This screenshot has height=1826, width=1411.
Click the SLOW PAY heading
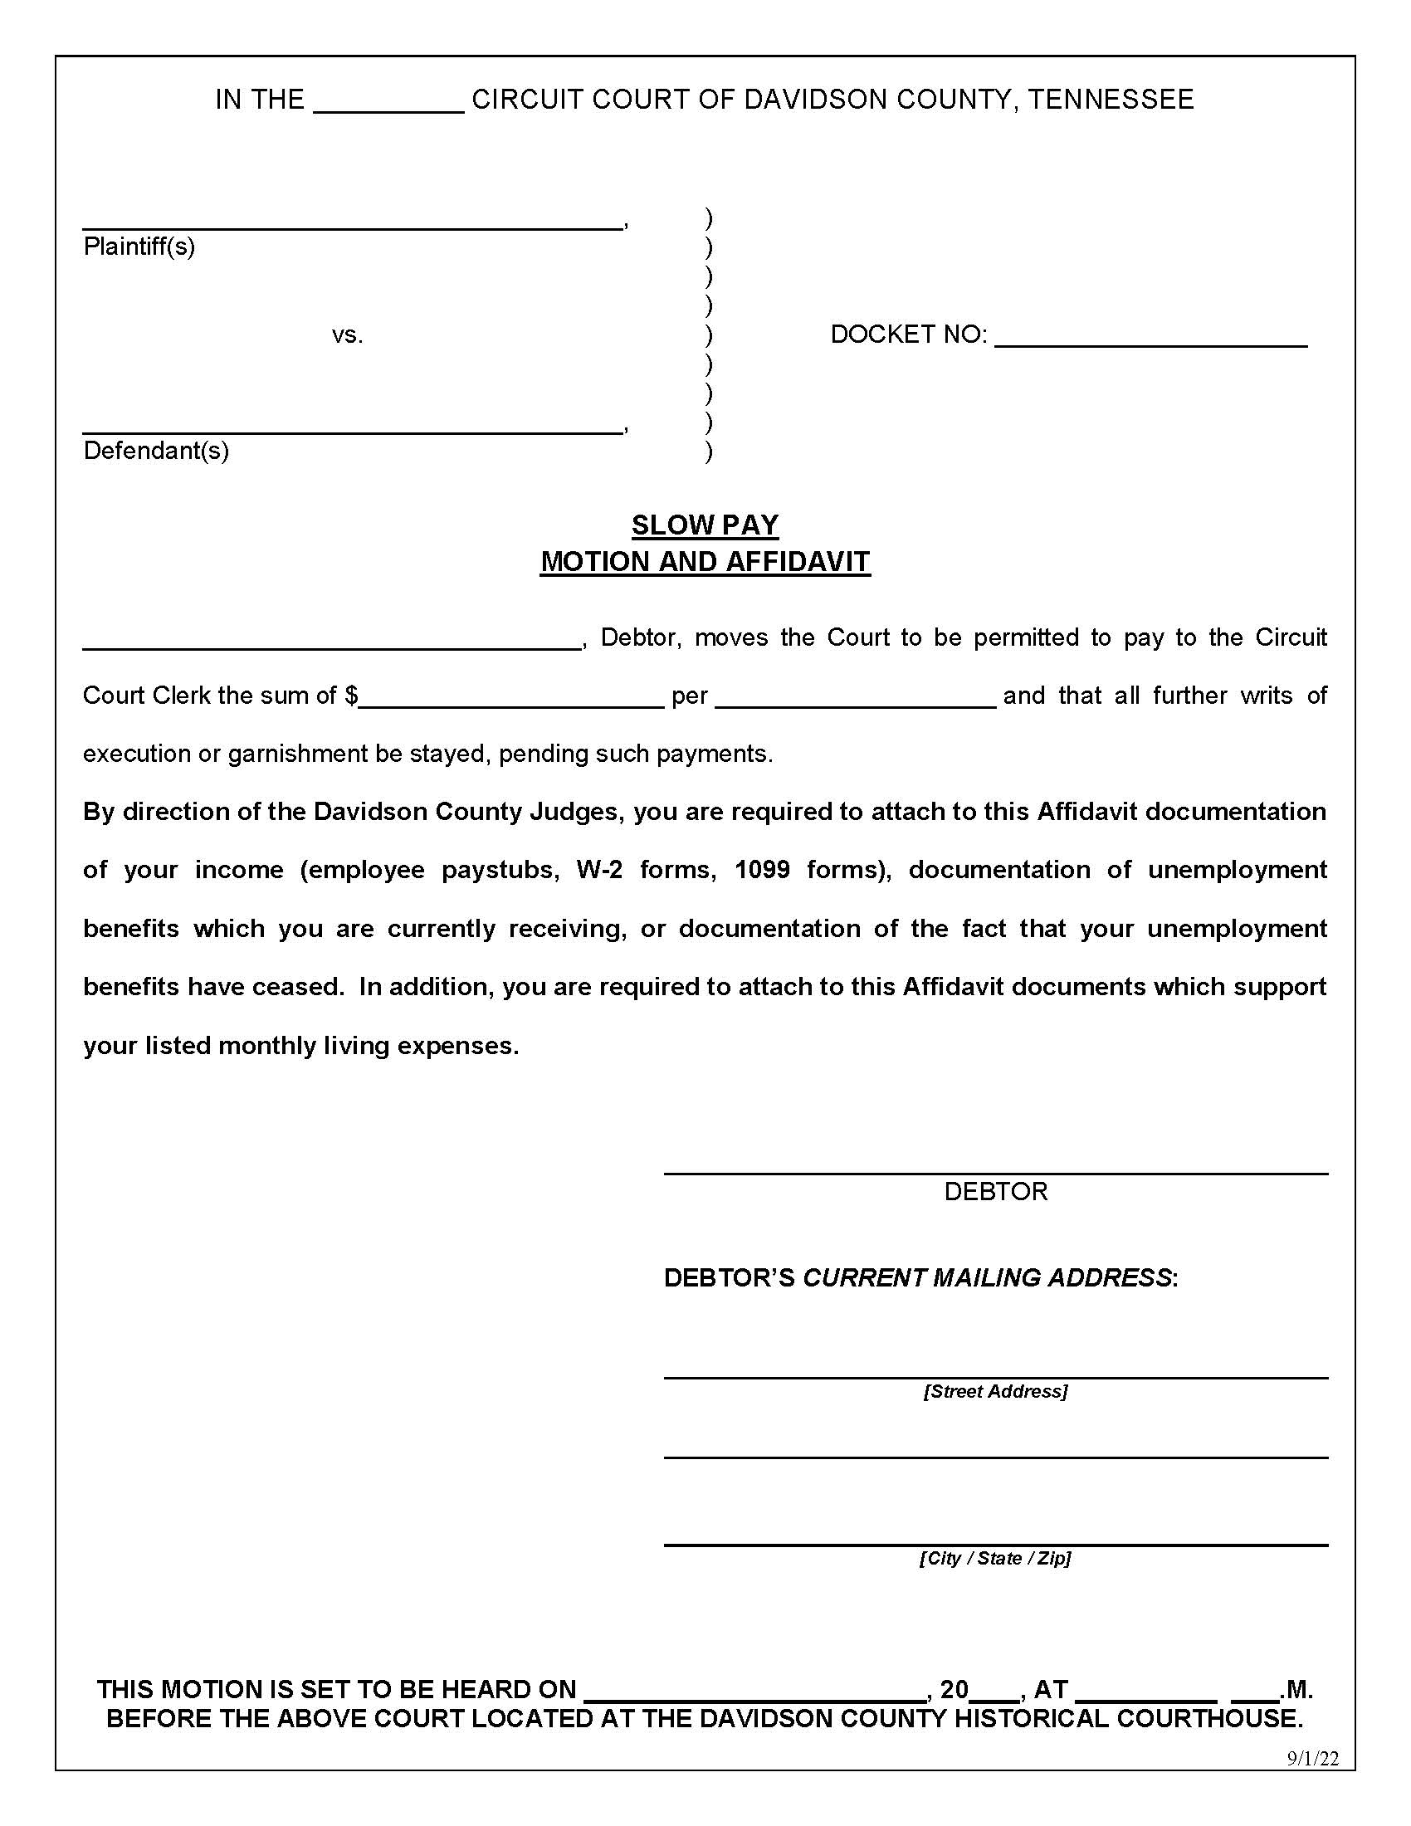tap(705, 525)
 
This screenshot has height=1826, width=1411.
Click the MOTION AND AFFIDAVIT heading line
tap(705, 561)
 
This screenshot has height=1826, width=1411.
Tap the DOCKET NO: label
tap(908, 334)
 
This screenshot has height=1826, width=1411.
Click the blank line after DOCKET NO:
tap(1150, 338)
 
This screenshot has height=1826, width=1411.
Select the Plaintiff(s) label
tap(139, 247)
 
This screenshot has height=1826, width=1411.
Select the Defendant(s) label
tap(155, 451)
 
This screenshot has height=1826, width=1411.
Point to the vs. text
tap(347, 335)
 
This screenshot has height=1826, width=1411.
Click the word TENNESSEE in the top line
tap(1110, 100)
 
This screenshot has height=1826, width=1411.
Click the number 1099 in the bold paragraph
tap(761, 870)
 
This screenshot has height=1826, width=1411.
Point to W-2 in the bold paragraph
tap(599, 870)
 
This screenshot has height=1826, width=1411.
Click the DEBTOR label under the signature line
tap(994, 1191)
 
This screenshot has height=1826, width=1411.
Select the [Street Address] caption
tap(994, 1391)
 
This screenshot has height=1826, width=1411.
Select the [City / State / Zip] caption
tap(994, 1558)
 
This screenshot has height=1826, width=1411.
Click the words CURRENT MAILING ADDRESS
tap(986, 1277)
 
